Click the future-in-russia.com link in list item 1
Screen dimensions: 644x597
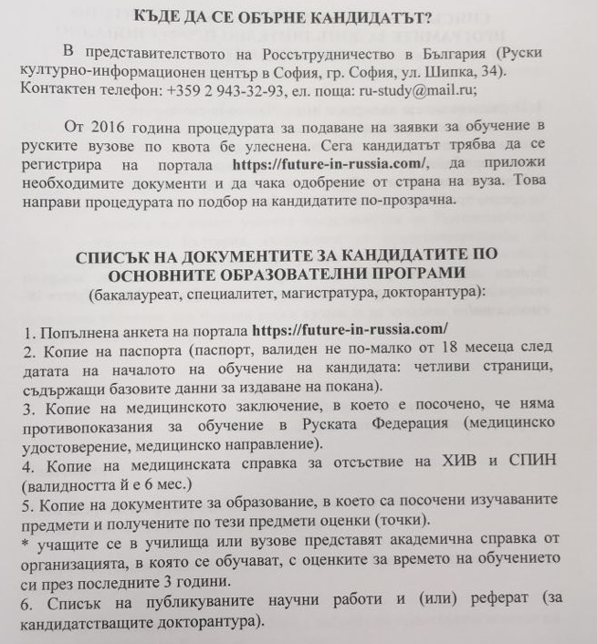click(354, 328)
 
